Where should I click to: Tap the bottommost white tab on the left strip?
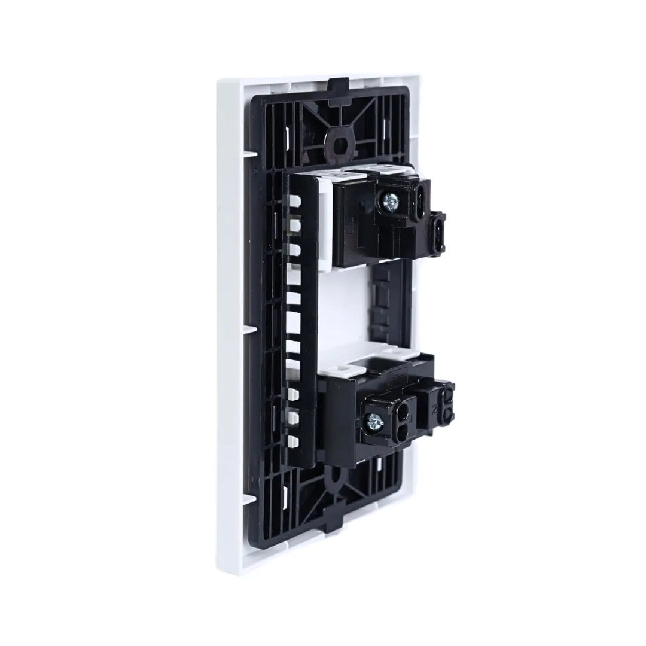pyautogui.click(x=293, y=441)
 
